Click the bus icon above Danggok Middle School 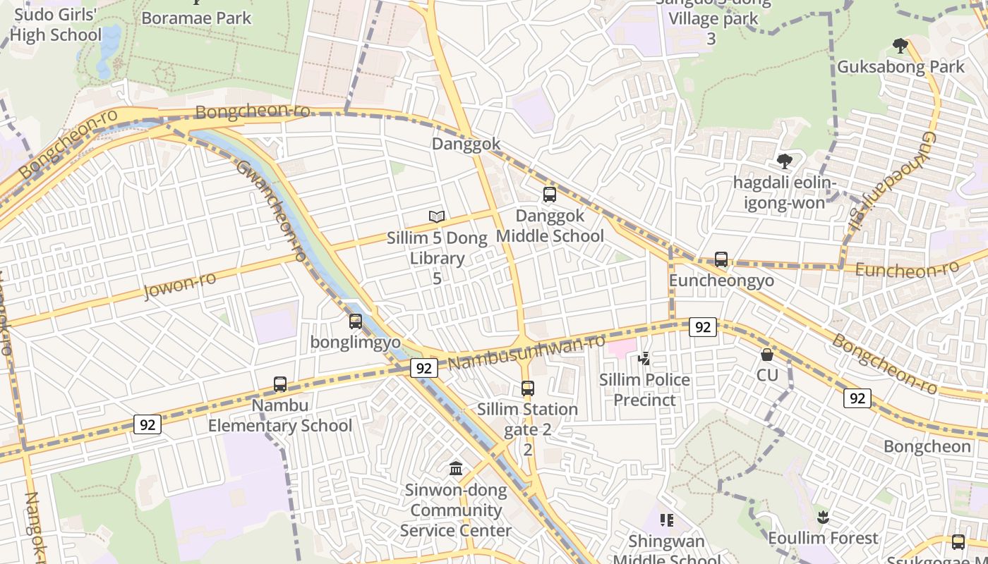[x=550, y=195]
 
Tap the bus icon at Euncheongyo [x=721, y=259]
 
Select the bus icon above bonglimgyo [x=356, y=321]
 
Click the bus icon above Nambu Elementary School [x=280, y=384]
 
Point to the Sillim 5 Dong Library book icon [x=437, y=216]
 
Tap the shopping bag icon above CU [x=767, y=354]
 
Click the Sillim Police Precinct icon [x=644, y=360]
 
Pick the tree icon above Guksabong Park [x=900, y=46]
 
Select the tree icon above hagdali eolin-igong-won [x=784, y=161]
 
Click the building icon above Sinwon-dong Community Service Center [x=456, y=468]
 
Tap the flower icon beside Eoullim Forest [x=822, y=518]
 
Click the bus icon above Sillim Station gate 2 [x=528, y=388]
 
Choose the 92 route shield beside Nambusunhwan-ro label [x=423, y=368]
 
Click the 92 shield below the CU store [x=857, y=398]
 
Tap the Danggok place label [x=466, y=144]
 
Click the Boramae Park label [x=196, y=18]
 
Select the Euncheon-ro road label [x=907, y=269]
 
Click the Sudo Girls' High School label [x=56, y=25]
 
